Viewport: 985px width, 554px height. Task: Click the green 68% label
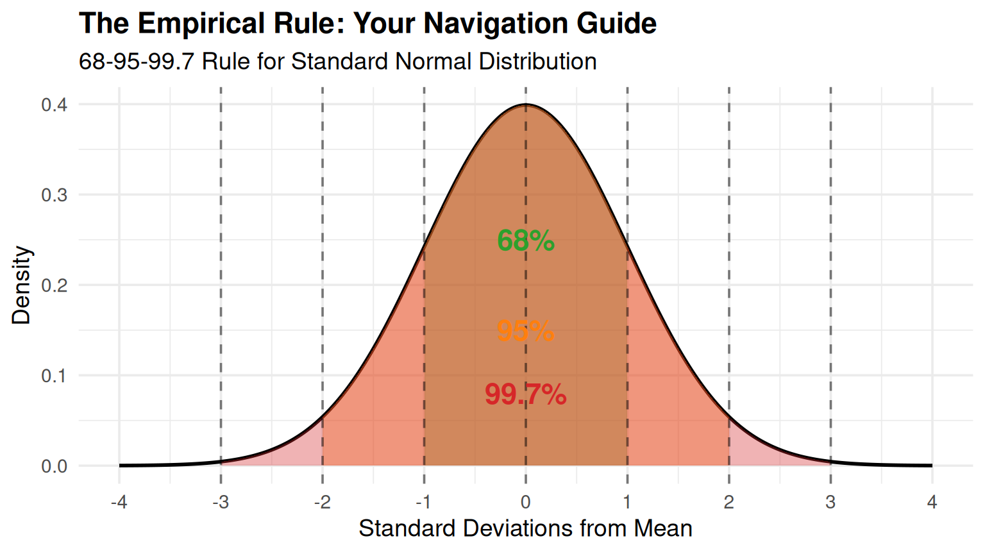point(525,241)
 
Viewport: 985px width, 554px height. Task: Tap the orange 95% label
point(525,332)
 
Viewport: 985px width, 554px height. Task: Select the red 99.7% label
point(525,394)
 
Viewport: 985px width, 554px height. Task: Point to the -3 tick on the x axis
point(220,502)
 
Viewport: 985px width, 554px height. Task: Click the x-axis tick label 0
point(526,502)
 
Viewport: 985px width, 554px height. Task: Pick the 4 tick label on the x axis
point(932,502)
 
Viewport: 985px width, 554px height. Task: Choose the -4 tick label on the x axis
point(119,502)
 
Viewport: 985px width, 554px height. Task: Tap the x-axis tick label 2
point(729,502)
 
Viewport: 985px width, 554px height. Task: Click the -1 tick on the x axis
point(423,502)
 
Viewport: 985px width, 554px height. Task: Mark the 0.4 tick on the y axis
point(55,105)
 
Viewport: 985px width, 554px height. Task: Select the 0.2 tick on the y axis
point(55,285)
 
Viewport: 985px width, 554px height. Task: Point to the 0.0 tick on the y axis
point(55,466)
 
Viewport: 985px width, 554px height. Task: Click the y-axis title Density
point(21,285)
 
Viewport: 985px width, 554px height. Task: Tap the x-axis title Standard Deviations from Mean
point(525,528)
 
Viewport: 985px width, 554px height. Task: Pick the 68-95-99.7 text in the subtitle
point(136,62)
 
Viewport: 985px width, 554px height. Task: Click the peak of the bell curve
point(526,105)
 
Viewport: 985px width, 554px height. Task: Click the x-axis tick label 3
point(830,502)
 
